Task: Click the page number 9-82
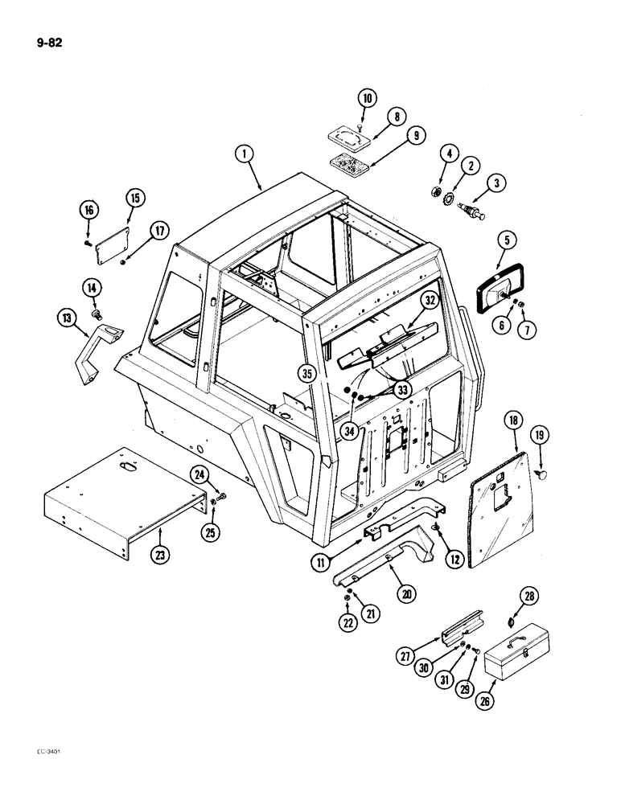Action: (48, 43)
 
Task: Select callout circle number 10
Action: (368, 100)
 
